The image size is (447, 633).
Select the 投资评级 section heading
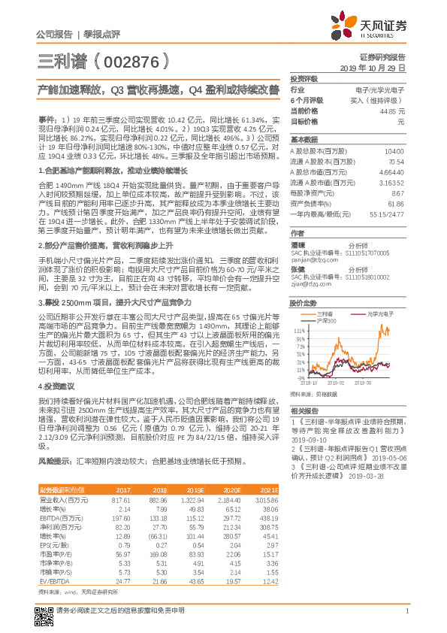[x=304, y=78]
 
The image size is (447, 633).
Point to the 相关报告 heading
[x=304, y=411]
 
